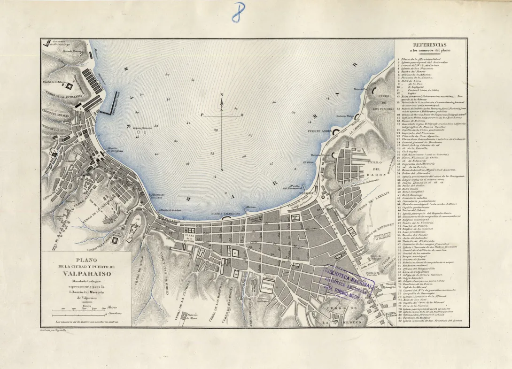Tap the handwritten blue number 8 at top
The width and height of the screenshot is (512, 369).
pos(239,13)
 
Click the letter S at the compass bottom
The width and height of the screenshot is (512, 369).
pos(222,170)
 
